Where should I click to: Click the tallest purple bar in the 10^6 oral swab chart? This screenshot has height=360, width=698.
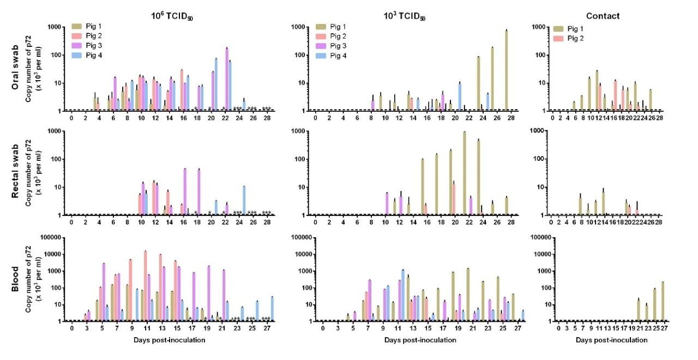click(x=226, y=79)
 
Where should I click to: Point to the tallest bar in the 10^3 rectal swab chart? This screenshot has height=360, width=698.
click(x=464, y=173)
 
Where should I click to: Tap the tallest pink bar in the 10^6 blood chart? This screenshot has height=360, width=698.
click(x=146, y=286)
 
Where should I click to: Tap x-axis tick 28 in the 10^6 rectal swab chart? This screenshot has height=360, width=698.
click(x=266, y=223)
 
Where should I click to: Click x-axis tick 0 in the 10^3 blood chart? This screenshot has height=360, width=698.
click(x=322, y=328)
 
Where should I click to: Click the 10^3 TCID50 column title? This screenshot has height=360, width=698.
click(x=404, y=16)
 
